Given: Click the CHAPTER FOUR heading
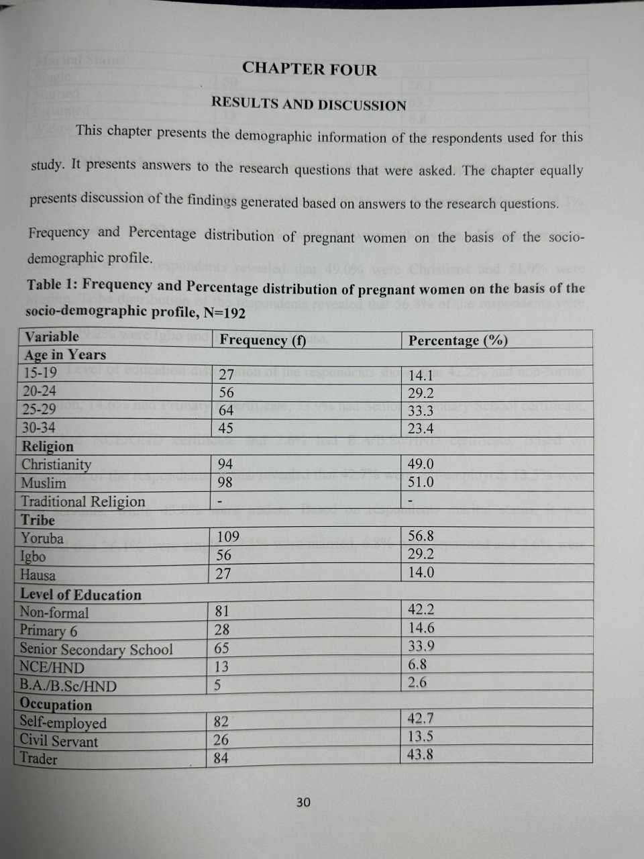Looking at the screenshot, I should (x=309, y=68).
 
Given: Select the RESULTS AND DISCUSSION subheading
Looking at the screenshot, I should (x=309, y=104).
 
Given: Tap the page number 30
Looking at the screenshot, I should (x=303, y=802).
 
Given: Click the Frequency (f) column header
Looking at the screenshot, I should (x=263, y=340).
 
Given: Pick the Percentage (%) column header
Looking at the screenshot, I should (x=458, y=340).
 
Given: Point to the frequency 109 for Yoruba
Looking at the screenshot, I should (x=228, y=536).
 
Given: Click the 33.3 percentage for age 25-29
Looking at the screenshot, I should (x=421, y=411).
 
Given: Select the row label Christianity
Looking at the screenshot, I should (x=56, y=464).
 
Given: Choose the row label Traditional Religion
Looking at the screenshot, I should (x=83, y=501).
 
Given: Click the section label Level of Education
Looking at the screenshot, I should (x=80, y=595).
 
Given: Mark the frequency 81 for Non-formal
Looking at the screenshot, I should (x=222, y=611).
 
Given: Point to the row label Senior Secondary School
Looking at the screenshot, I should (x=96, y=649).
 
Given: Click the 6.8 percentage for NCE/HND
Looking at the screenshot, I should (x=417, y=664).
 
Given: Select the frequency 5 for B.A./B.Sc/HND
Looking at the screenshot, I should (x=218, y=685).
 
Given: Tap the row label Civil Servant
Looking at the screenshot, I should (x=58, y=741).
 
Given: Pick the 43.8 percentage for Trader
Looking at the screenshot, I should (x=420, y=754).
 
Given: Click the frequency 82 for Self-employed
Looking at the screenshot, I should (x=221, y=721).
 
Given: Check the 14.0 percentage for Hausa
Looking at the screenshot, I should (x=421, y=572).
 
